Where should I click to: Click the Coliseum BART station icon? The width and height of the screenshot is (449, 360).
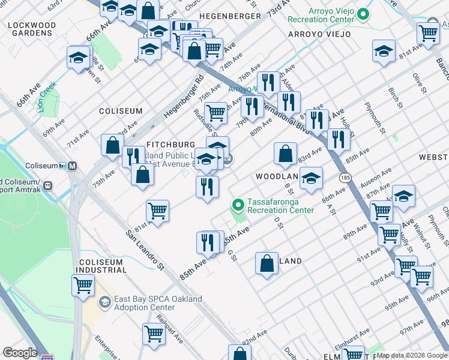coord(73,166)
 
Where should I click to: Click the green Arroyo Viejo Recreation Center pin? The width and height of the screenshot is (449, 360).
coord(363,14)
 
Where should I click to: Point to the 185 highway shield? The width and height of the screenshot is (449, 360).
coord(345,178)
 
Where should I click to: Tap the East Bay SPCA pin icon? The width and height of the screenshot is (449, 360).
coord(104,301)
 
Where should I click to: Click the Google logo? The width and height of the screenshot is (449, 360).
coord(20,353)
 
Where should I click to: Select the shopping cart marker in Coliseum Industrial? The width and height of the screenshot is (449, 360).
coord(83,284)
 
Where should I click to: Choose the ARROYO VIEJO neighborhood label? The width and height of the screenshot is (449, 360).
coord(319,34)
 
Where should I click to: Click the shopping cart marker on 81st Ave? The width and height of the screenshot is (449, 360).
coord(157,211)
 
